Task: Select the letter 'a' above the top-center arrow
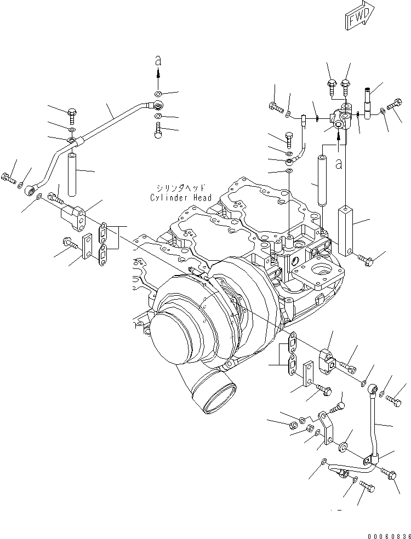coord(158,62)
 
